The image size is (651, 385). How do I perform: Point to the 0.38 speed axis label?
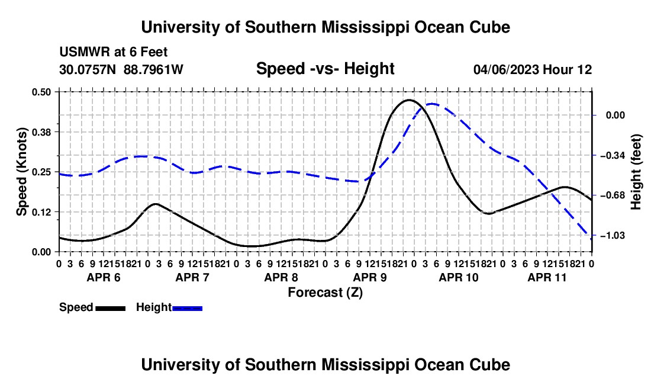point(41,132)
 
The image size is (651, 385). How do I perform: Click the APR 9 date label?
point(370,277)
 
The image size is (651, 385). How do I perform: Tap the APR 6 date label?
point(104,277)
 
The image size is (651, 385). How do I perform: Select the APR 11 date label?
point(547,277)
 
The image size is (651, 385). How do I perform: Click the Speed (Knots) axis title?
point(21,172)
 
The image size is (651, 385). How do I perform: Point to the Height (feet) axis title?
point(636,172)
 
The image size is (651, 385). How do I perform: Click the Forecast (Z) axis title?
point(325,293)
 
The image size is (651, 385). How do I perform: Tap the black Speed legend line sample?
point(111,308)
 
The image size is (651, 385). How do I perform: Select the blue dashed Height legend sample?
point(187,308)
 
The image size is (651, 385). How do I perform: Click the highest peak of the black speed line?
point(409,100)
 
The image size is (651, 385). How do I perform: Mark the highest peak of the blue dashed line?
point(433,104)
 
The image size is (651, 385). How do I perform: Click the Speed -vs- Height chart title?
point(325,69)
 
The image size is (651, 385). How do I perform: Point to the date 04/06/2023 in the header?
point(506,69)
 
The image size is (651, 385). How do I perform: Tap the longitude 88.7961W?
point(153,69)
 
